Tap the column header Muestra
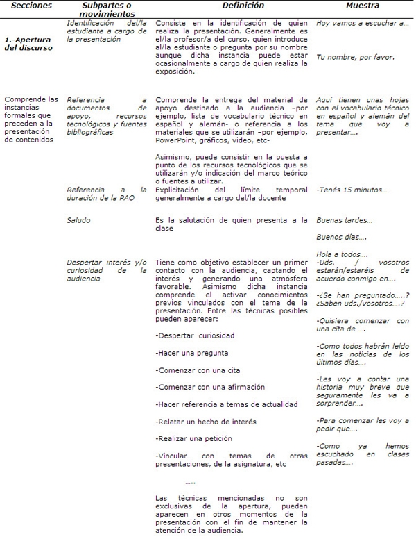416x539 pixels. click(361, 6)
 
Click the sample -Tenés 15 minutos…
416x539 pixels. click(352, 190)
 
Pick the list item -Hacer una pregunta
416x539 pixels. click(182, 353)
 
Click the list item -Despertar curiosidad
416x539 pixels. click(184, 336)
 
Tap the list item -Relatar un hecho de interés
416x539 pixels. click(196, 421)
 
